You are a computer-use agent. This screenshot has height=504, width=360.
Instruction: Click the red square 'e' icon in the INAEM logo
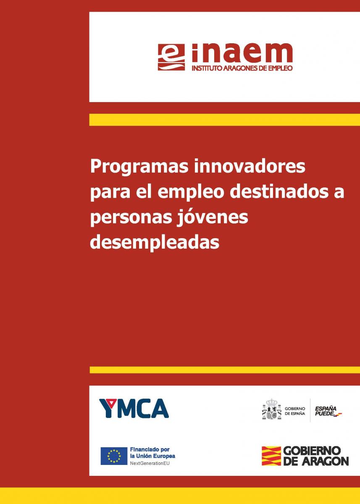[171, 57]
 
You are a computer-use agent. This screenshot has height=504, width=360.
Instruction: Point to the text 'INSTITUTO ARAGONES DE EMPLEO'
[242, 68]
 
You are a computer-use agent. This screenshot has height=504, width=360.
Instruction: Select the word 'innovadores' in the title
[250, 166]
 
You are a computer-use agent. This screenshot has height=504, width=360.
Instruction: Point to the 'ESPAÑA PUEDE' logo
[328, 411]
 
